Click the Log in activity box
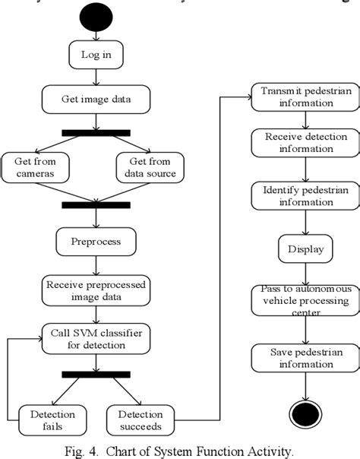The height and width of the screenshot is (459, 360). click(x=94, y=55)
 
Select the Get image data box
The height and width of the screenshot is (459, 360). click(x=95, y=98)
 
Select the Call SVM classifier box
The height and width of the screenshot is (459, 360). click(x=95, y=337)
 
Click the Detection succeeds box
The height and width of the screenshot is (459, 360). click(x=141, y=420)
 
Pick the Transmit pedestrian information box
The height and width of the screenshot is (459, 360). click(x=305, y=97)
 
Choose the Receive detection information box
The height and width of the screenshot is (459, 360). click(x=305, y=143)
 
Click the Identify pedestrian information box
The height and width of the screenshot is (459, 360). click(x=305, y=196)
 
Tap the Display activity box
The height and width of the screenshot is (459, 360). click(x=305, y=248)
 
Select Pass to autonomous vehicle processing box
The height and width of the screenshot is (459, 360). click(x=305, y=300)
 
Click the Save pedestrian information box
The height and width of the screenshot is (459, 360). click(x=305, y=358)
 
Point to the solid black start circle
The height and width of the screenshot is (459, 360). click(x=95, y=17)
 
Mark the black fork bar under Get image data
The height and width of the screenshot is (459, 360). click(x=95, y=133)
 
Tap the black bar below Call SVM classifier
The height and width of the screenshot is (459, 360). click(x=95, y=374)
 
